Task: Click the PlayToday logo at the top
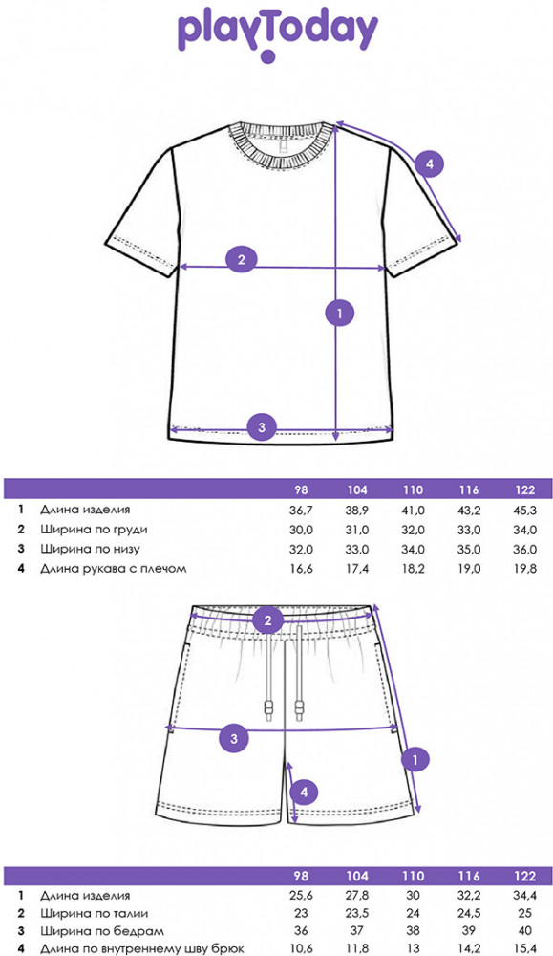click(x=277, y=36)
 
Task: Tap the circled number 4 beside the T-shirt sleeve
click(x=430, y=163)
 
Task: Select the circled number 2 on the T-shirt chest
click(x=242, y=259)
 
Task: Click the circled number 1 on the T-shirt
click(x=340, y=313)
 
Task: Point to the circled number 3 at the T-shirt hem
click(x=262, y=426)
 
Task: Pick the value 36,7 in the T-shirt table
click(x=301, y=511)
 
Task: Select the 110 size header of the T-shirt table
click(x=413, y=489)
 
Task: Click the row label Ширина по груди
click(x=94, y=530)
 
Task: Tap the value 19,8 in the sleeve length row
click(x=525, y=569)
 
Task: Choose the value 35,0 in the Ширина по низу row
click(x=469, y=550)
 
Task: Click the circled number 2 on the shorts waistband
click(x=268, y=621)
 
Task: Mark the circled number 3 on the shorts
click(x=234, y=739)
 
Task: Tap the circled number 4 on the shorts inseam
click(x=305, y=793)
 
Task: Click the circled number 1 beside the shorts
click(x=416, y=760)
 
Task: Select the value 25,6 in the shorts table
click(x=301, y=896)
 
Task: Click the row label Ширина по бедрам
click(x=101, y=931)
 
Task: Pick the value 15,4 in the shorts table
click(x=525, y=948)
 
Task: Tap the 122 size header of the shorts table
click(x=525, y=876)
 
